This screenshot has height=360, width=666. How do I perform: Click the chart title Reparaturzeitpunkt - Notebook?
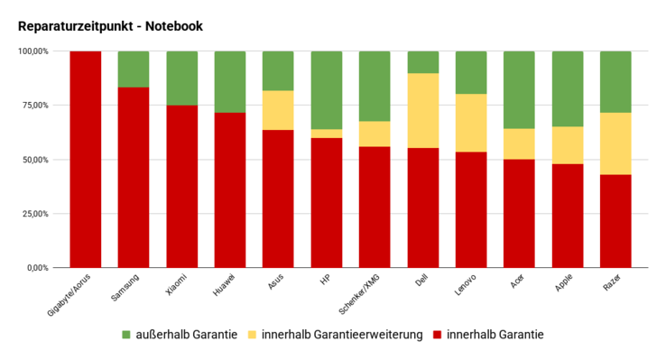coord(110,26)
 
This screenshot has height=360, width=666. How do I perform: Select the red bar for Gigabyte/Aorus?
coord(86,160)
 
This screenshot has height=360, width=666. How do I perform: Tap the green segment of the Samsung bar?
coord(134,69)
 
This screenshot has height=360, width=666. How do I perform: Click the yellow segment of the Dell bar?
coord(423,110)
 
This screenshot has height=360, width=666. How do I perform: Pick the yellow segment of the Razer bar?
coord(615,143)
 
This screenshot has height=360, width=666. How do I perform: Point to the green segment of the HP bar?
coord(327,90)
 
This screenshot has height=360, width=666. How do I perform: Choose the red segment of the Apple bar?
coord(568,216)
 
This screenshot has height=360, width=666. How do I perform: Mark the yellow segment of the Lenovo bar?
coord(471,123)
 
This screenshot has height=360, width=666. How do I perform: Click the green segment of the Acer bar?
coord(520,90)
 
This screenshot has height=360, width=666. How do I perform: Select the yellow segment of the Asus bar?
coord(278,110)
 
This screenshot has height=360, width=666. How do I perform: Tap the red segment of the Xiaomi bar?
coord(182,187)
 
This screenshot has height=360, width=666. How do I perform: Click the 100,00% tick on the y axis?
coord(34,51)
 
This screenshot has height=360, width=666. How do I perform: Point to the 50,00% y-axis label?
coord(37,160)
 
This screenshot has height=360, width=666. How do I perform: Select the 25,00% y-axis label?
coord(37,214)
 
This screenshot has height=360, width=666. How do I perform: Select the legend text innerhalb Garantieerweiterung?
coord(342,335)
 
